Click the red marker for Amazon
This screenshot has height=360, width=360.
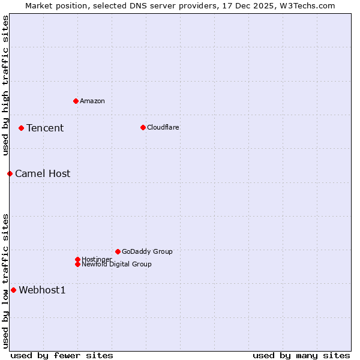(76, 101)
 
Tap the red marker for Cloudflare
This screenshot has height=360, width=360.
(143, 127)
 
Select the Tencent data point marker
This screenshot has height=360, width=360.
(21, 128)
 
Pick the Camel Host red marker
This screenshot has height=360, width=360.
(10, 173)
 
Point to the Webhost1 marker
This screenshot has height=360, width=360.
(13, 290)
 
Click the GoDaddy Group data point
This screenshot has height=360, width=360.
(118, 251)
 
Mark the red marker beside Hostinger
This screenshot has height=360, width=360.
(77, 259)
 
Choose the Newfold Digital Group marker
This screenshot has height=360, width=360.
(77, 264)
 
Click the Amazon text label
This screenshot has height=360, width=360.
(92, 101)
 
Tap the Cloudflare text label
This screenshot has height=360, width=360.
(163, 127)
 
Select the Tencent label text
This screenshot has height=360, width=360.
(45, 128)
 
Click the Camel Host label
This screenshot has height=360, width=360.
(43, 173)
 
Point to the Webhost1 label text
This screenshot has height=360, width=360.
(42, 290)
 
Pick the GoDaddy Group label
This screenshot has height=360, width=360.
(147, 251)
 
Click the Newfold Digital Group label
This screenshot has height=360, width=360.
(117, 265)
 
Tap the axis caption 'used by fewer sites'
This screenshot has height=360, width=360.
(62, 355)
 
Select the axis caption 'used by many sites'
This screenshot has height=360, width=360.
(301, 355)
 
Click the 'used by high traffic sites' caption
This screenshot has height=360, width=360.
(5, 85)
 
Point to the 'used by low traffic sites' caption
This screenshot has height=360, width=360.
(5, 281)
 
